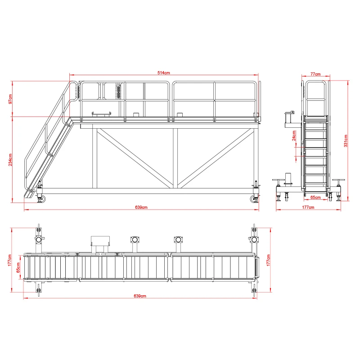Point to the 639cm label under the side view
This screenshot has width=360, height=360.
pos(141,207)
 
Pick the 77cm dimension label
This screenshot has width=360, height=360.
pos(315,74)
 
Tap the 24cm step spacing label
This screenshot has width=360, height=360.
pos(294,136)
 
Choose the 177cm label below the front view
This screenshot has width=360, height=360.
pos(307,207)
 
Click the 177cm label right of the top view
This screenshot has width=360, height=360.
pos(269,260)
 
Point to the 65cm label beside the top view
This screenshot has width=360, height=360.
pos(18,268)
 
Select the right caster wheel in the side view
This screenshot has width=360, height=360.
pos(253,198)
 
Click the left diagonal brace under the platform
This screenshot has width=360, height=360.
pos(135,157)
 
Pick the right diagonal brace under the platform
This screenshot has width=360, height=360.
pos(216,157)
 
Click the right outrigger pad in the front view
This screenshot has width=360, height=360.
pos(338,181)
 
